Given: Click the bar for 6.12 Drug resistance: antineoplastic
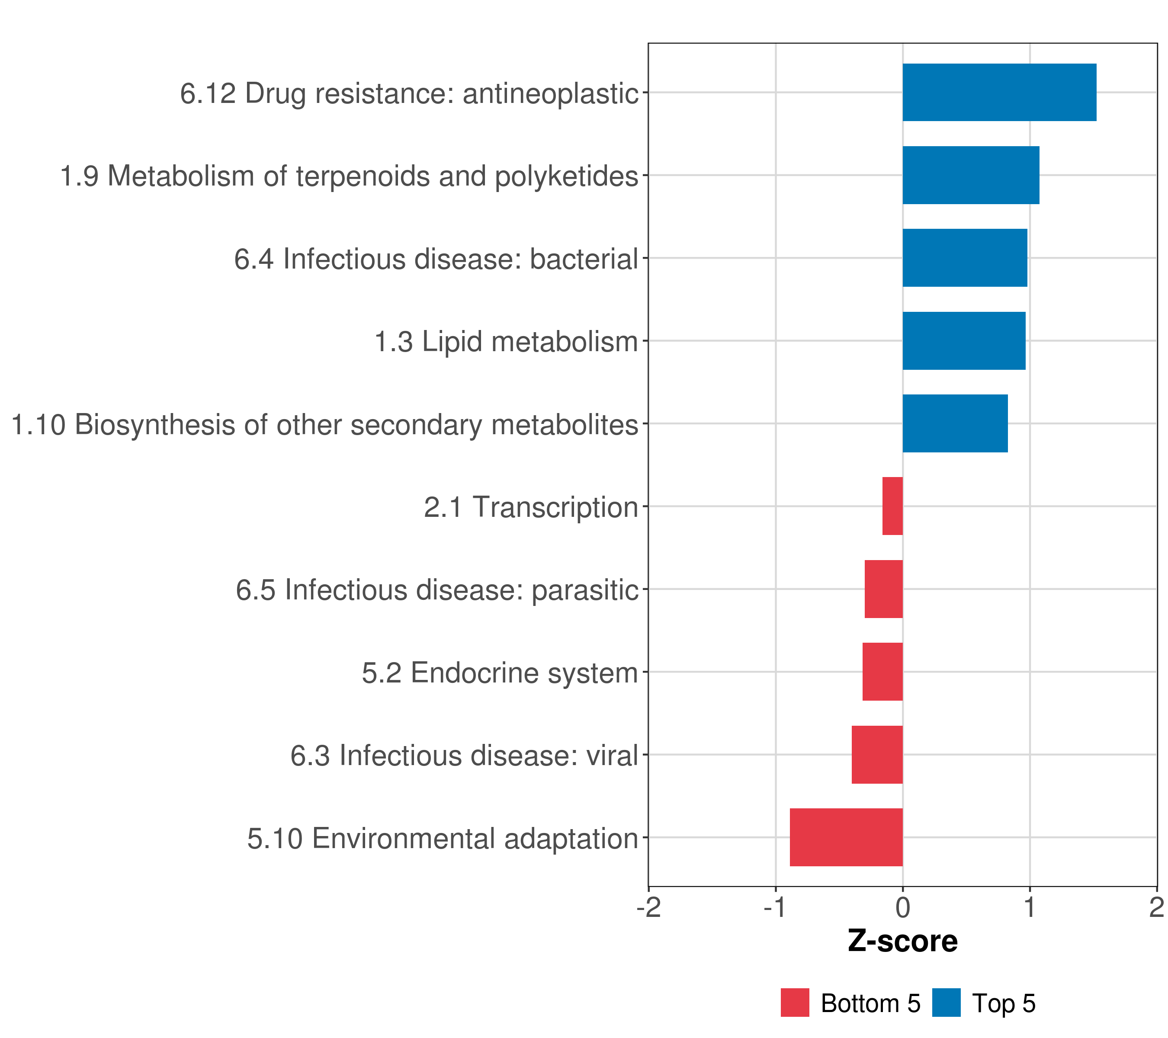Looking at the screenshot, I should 999,93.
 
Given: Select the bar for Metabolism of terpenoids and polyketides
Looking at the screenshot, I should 970,176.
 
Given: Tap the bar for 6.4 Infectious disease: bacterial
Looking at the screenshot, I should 965,258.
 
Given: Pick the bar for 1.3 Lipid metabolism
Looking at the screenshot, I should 963,341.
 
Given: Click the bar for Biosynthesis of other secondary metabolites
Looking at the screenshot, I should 955,423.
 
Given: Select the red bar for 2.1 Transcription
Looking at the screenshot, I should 892,506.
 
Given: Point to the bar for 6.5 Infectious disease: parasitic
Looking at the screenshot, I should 883,589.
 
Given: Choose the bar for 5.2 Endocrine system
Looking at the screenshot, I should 882,672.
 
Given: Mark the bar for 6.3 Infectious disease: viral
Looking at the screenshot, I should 877,755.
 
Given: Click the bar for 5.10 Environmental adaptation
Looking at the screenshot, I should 846,837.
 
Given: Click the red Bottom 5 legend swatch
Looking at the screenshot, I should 795,1003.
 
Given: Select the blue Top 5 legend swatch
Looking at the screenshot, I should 946,1003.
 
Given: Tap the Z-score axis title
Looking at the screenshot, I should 902,941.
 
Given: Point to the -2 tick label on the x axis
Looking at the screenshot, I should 648,908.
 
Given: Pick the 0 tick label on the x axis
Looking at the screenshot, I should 903,908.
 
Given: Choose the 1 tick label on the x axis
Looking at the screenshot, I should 1030,908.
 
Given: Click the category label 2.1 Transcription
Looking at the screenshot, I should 531,507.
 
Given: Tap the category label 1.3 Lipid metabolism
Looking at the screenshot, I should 506,342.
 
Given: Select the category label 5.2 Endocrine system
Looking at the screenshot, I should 500,673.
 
